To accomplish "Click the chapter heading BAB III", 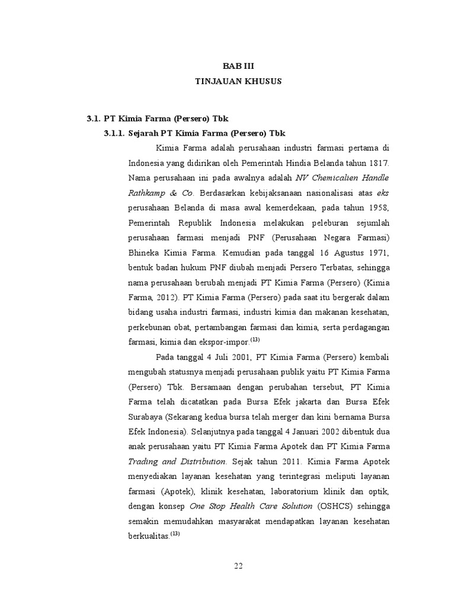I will (238, 66).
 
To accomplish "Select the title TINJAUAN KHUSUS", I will (238, 82).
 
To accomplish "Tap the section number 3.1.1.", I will (114, 133).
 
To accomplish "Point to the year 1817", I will (378, 162).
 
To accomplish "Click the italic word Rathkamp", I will (145, 193).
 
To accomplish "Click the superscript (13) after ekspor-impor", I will (255, 340).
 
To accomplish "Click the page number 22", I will (238, 566).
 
